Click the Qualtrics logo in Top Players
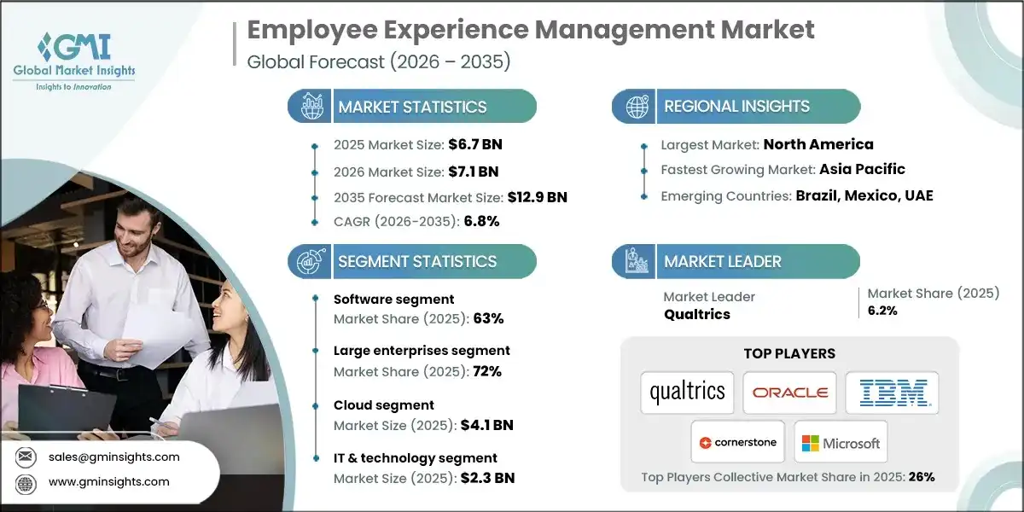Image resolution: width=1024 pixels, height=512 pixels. [687, 393]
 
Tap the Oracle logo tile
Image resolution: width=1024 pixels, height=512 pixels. [789, 393]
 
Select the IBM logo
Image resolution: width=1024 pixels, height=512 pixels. [893, 393]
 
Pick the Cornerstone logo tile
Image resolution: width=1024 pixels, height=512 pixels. [738, 442]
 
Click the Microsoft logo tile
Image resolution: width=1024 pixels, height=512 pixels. [841, 442]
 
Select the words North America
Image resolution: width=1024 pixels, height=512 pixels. [817, 144]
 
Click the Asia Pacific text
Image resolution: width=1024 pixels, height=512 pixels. [862, 169]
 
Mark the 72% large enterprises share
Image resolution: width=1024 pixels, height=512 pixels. [487, 371]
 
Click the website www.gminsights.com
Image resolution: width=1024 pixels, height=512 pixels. [109, 481]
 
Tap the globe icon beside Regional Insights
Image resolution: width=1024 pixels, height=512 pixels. [636, 107]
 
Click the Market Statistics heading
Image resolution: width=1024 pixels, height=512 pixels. [412, 107]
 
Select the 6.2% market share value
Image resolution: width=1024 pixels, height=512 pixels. [882, 311]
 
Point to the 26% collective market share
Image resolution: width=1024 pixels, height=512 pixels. [922, 477]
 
